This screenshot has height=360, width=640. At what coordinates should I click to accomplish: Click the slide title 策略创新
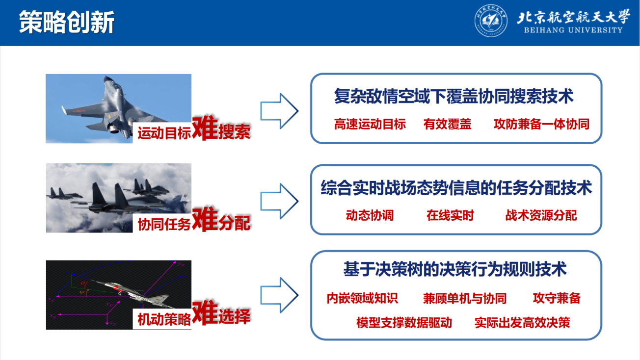pyautogui.click(x=67, y=22)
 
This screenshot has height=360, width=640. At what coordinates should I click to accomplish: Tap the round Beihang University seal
pyautogui.click(x=491, y=21)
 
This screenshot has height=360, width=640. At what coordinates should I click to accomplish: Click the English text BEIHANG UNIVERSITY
pyautogui.click(x=573, y=30)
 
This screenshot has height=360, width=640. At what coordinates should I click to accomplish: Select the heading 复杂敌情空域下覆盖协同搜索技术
pyautogui.click(x=454, y=96)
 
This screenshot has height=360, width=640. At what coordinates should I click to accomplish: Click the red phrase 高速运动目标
pyautogui.click(x=370, y=124)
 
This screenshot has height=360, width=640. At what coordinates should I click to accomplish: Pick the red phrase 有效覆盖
pyautogui.click(x=448, y=124)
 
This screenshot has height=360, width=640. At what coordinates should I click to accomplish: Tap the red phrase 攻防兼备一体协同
pyautogui.click(x=542, y=124)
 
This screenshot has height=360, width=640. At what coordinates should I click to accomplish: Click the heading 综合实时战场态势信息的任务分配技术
pyautogui.click(x=456, y=188)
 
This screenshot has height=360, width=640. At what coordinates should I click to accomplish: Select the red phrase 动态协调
pyautogui.click(x=370, y=215)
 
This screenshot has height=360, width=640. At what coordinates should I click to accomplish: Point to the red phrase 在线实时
pyautogui.click(x=450, y=215)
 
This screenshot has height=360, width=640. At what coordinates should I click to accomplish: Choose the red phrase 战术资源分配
pyautogui.click(x=541, y=215)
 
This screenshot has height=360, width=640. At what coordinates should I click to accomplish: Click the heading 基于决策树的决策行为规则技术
pyautogui.click(x=455, y=269)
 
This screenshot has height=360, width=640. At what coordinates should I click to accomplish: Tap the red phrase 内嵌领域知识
pyautogui.click(x=362, y=298)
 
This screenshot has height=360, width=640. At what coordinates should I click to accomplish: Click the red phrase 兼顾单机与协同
pyautogui.click(x=465, y=298)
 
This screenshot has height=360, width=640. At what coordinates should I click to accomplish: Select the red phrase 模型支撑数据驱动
pyautogui.click(x=404, y=323)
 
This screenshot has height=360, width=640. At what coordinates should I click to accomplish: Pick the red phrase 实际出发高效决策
pyautogui.click(x=522, y=323)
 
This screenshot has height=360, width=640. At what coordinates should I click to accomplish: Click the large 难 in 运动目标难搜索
pyautogui.click(x=205, y=128)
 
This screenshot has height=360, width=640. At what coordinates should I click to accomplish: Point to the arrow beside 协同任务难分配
pyautogui.click(x=279, y=201)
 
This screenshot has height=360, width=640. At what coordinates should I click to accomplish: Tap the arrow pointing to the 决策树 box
pyautogui.click(x=279, y=295)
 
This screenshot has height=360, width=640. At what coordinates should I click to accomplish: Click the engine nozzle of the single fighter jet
pyautogui.click(x=114, y=129)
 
